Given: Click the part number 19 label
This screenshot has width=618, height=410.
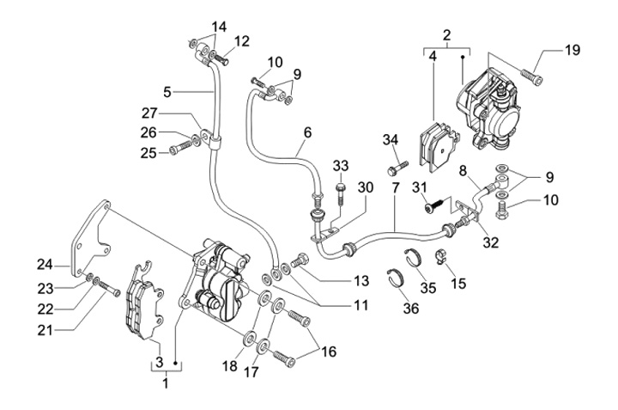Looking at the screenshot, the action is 572,50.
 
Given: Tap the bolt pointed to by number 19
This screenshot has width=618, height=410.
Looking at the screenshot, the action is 532,76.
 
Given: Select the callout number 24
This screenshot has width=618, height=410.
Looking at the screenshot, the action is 45,265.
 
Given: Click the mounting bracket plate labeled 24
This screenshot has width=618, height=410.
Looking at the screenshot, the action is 90,236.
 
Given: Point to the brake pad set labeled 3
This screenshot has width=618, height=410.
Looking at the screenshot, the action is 144,300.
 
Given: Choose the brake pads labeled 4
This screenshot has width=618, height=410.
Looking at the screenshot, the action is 439,146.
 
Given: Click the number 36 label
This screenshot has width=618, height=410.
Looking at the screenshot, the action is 410,309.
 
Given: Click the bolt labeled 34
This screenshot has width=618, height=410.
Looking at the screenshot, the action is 397,168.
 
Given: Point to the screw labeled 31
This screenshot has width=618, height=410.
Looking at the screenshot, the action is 435,205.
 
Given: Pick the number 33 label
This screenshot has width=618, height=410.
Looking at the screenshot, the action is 341,166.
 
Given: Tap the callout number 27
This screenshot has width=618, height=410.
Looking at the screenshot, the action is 149,113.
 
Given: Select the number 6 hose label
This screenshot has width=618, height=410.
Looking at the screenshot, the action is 307,132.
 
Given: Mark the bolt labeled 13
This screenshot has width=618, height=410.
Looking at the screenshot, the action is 300,260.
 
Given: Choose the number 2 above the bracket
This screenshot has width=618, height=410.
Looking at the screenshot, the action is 446,35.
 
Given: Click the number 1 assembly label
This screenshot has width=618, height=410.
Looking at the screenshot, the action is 166,382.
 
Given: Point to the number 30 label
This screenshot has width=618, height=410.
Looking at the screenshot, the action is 366,187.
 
